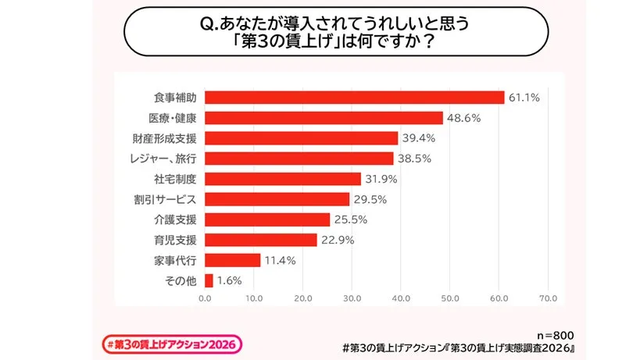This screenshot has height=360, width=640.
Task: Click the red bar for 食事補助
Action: click(x=354, y=98)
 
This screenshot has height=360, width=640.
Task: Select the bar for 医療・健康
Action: click(x=324, y=118)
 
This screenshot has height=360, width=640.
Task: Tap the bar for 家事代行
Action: click(x=232, y=260)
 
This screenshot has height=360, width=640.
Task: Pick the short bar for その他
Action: click(x=209, y=280)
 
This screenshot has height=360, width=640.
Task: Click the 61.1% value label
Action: click(x=524, y=98)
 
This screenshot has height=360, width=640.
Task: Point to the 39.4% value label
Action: click(x=418, y=138)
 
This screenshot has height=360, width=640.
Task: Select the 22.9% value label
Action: click(x=338, y=240)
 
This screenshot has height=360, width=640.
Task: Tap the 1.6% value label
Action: click(x=230, y=280)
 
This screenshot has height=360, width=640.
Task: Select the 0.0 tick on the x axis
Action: click(x=205, y=298)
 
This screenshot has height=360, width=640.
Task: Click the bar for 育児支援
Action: click(x=260, y=240)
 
